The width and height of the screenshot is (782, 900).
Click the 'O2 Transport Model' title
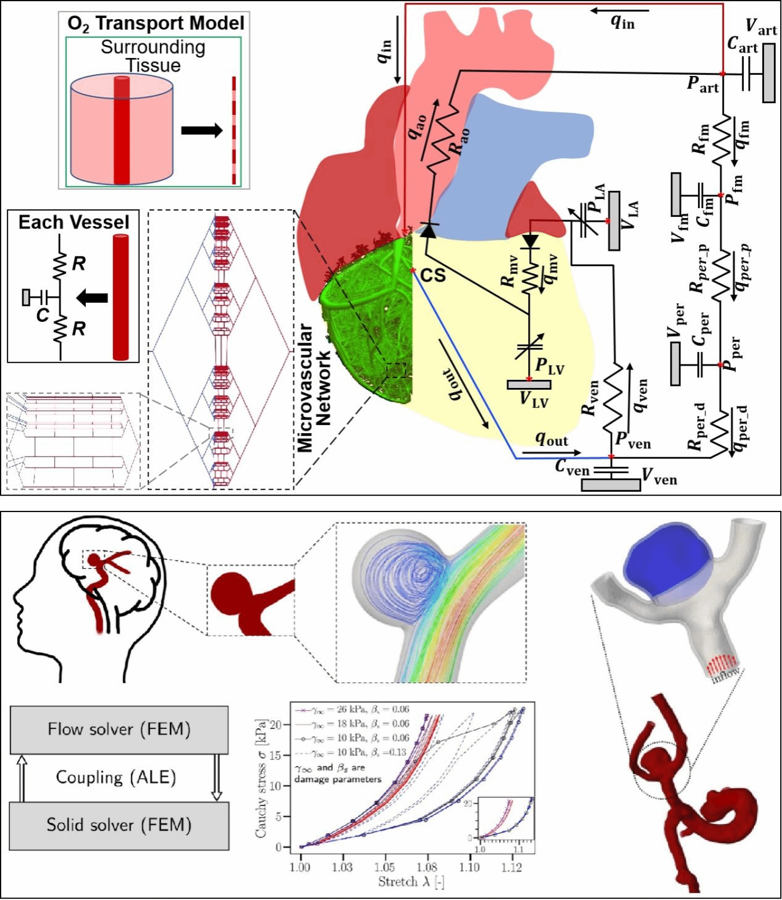(156, 23)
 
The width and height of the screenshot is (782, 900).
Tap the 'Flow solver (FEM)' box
(119, 730)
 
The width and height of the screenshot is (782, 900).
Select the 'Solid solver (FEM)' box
(119, 825)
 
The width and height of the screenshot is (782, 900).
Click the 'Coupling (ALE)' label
(116, 777)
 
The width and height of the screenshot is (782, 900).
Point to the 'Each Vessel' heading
(74, 222)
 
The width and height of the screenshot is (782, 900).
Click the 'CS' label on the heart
(433, 275)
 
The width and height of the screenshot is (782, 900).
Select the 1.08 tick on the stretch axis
(427, 867)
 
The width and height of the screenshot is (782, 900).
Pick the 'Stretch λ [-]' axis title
(411, 882)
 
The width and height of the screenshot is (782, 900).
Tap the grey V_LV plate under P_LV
(529, 385)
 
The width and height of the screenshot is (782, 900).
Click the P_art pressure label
(703, 85)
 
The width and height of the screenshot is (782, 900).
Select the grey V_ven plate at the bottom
(611, 484)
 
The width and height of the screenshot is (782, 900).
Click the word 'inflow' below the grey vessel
(725, 675)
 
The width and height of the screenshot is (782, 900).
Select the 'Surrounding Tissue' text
(153, 56)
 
